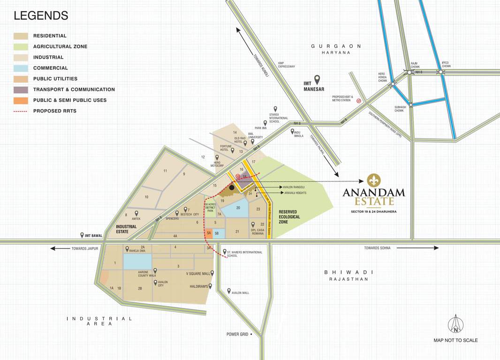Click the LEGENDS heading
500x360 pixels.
pos(41,15)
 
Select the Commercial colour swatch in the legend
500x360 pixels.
pos(21,68)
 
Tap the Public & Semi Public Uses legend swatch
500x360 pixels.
pos(21,100)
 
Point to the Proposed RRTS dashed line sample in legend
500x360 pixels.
pos(21,111)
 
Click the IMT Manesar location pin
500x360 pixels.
pos(317,79)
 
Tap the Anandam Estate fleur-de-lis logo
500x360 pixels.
pos(374,180)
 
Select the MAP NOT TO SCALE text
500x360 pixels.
pos(455,340)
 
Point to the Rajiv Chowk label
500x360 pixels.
pos(414,65)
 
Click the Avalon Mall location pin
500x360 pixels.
pos(229,291)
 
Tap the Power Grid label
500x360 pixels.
pos(238,334)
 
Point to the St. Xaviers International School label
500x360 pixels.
pos(244,254)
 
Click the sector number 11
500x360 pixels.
pos(165,171)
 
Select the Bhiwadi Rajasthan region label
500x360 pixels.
pos(348,275)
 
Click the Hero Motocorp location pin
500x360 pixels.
pos(217,158)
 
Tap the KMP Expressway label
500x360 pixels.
pos(286,65)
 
